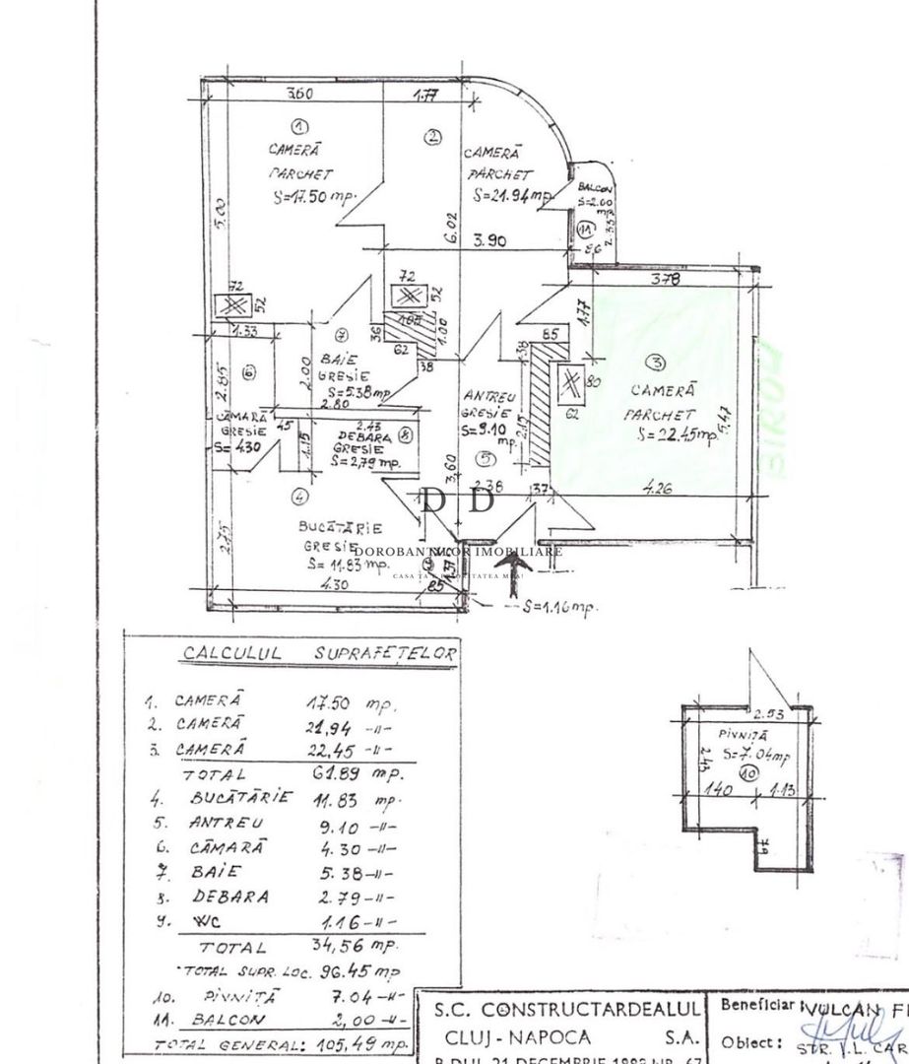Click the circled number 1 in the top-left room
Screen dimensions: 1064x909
click(x=300, y=125)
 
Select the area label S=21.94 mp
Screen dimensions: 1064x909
click(x=512, y=195)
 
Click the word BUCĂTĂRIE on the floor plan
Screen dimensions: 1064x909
click(x=341, y=528)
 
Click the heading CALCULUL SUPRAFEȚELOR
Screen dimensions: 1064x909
click(x=292, y=653)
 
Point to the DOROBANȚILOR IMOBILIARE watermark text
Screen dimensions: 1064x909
click(x=457, y=552)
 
